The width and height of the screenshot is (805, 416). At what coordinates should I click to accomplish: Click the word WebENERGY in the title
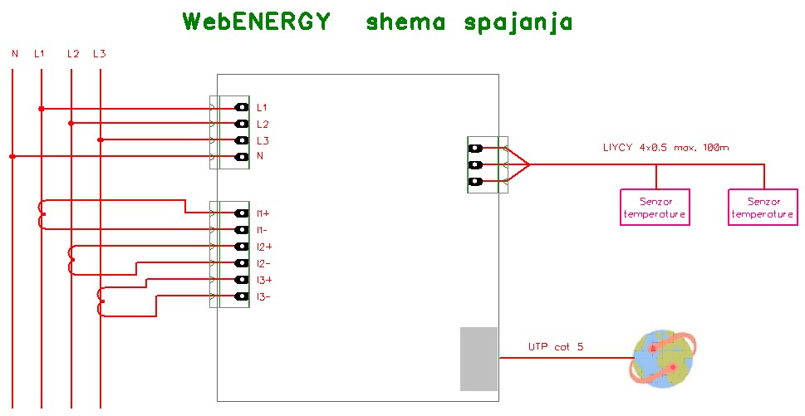[257, 22]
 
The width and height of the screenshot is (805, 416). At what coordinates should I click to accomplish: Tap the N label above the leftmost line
[14, 54]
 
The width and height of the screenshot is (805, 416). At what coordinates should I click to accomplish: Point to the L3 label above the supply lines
[99, 54]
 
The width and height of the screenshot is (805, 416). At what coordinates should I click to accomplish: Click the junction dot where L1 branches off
[41, 108]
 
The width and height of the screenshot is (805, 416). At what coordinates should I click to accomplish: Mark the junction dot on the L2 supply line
[71, 124]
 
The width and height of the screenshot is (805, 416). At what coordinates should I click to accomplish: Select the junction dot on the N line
[12, 156]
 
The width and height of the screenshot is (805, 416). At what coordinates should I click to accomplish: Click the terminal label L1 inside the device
[262, 108]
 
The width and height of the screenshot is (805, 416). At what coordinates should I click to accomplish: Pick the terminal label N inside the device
[260, 157]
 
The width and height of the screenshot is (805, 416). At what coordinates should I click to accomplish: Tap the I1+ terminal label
[263, 213]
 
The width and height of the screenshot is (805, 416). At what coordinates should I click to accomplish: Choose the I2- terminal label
[263, 263]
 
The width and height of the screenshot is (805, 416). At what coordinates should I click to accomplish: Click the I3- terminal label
[263, 296]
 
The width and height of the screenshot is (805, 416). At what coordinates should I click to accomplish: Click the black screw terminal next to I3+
[242, 280]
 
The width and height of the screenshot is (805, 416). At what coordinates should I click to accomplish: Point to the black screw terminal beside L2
[242, 124]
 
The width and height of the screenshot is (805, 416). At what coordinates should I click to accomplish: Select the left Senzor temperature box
[655, 206]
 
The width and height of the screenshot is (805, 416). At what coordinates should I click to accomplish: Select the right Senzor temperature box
[763, 206]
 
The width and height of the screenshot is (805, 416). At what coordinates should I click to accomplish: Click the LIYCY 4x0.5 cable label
[665, 148]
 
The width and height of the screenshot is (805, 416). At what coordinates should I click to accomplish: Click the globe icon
[665, 359]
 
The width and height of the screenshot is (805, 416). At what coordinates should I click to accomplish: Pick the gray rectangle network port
[479, 359]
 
